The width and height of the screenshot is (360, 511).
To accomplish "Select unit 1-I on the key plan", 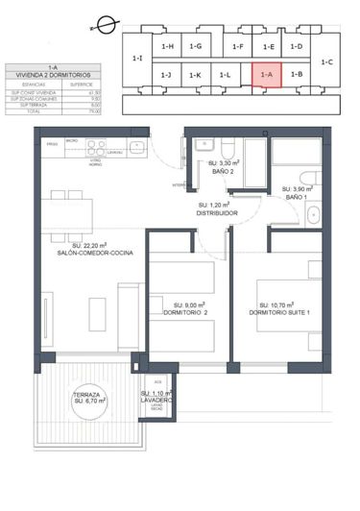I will point(137,59).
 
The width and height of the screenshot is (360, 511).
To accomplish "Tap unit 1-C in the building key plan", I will point(328,61).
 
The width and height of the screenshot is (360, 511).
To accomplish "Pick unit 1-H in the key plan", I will point(167,46).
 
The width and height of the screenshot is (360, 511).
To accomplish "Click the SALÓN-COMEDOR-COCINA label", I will point(94,253).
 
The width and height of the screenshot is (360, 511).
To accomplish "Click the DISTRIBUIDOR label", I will point(217,213).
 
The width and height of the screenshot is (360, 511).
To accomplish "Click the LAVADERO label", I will point(156,401).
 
